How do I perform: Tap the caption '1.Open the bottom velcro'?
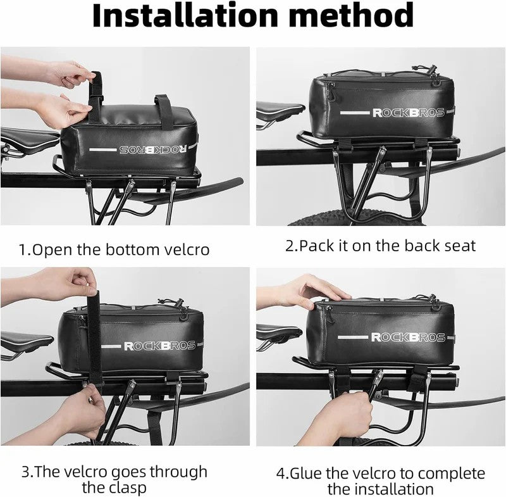pyautogui.click(x=114, y=249)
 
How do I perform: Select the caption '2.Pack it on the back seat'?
pyautogui.click(x=380, y=246)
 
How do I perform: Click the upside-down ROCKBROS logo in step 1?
pyautogui.click(x=153, y=149)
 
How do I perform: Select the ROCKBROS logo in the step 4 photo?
pyautogui.click(x=408, y=337)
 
